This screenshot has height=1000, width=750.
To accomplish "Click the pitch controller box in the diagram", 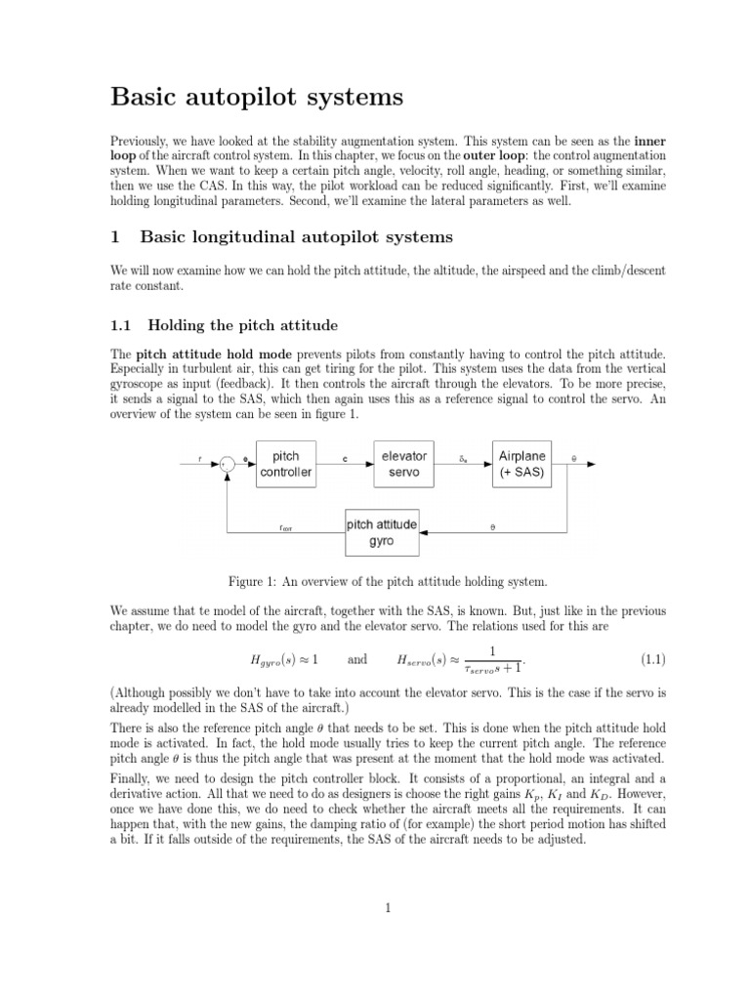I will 286,464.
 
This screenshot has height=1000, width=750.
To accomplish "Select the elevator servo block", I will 403,464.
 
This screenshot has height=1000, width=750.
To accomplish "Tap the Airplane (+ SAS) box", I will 522,464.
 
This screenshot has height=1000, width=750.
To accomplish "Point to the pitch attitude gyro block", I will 382,532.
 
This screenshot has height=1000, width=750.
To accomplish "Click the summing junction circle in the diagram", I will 227,465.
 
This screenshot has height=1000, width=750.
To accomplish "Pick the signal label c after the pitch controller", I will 345,457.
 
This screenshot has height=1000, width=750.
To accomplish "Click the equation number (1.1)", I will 652,659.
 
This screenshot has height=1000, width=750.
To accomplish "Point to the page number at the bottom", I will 388,907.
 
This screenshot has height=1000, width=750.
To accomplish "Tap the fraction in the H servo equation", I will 492,659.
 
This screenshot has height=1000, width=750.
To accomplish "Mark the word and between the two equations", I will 357,659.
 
